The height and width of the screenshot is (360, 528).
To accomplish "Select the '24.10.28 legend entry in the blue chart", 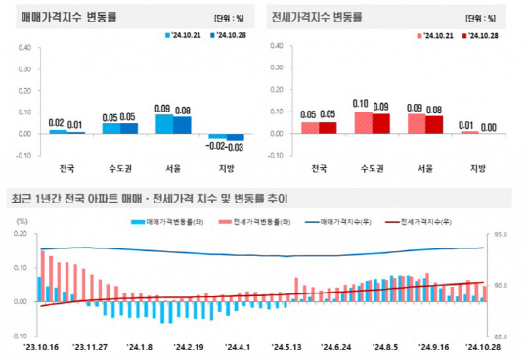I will click(229, 36).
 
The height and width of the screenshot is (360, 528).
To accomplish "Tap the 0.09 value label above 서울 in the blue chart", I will click(162, 108).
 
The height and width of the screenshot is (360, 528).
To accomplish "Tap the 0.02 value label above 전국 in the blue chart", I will click(56, 122).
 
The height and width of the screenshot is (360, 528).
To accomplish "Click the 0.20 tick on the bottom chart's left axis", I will click(20, 235).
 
